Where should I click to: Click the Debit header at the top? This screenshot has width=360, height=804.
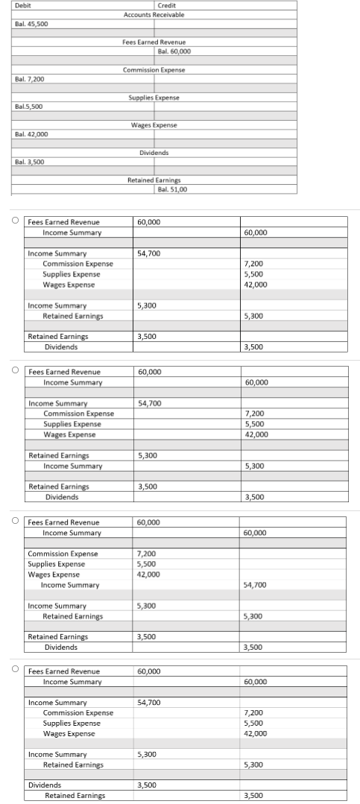tap(22, 6)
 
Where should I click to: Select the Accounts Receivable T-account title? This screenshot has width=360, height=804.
tap(154, 15)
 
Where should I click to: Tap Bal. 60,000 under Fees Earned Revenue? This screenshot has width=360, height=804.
tap(174, 51)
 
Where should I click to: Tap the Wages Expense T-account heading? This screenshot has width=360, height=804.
tap(154, 125)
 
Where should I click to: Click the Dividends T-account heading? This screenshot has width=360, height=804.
tap(154, 153)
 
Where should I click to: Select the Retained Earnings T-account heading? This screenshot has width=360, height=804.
tap(154, 180)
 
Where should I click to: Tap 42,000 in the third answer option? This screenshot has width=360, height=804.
tap(148, 574)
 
